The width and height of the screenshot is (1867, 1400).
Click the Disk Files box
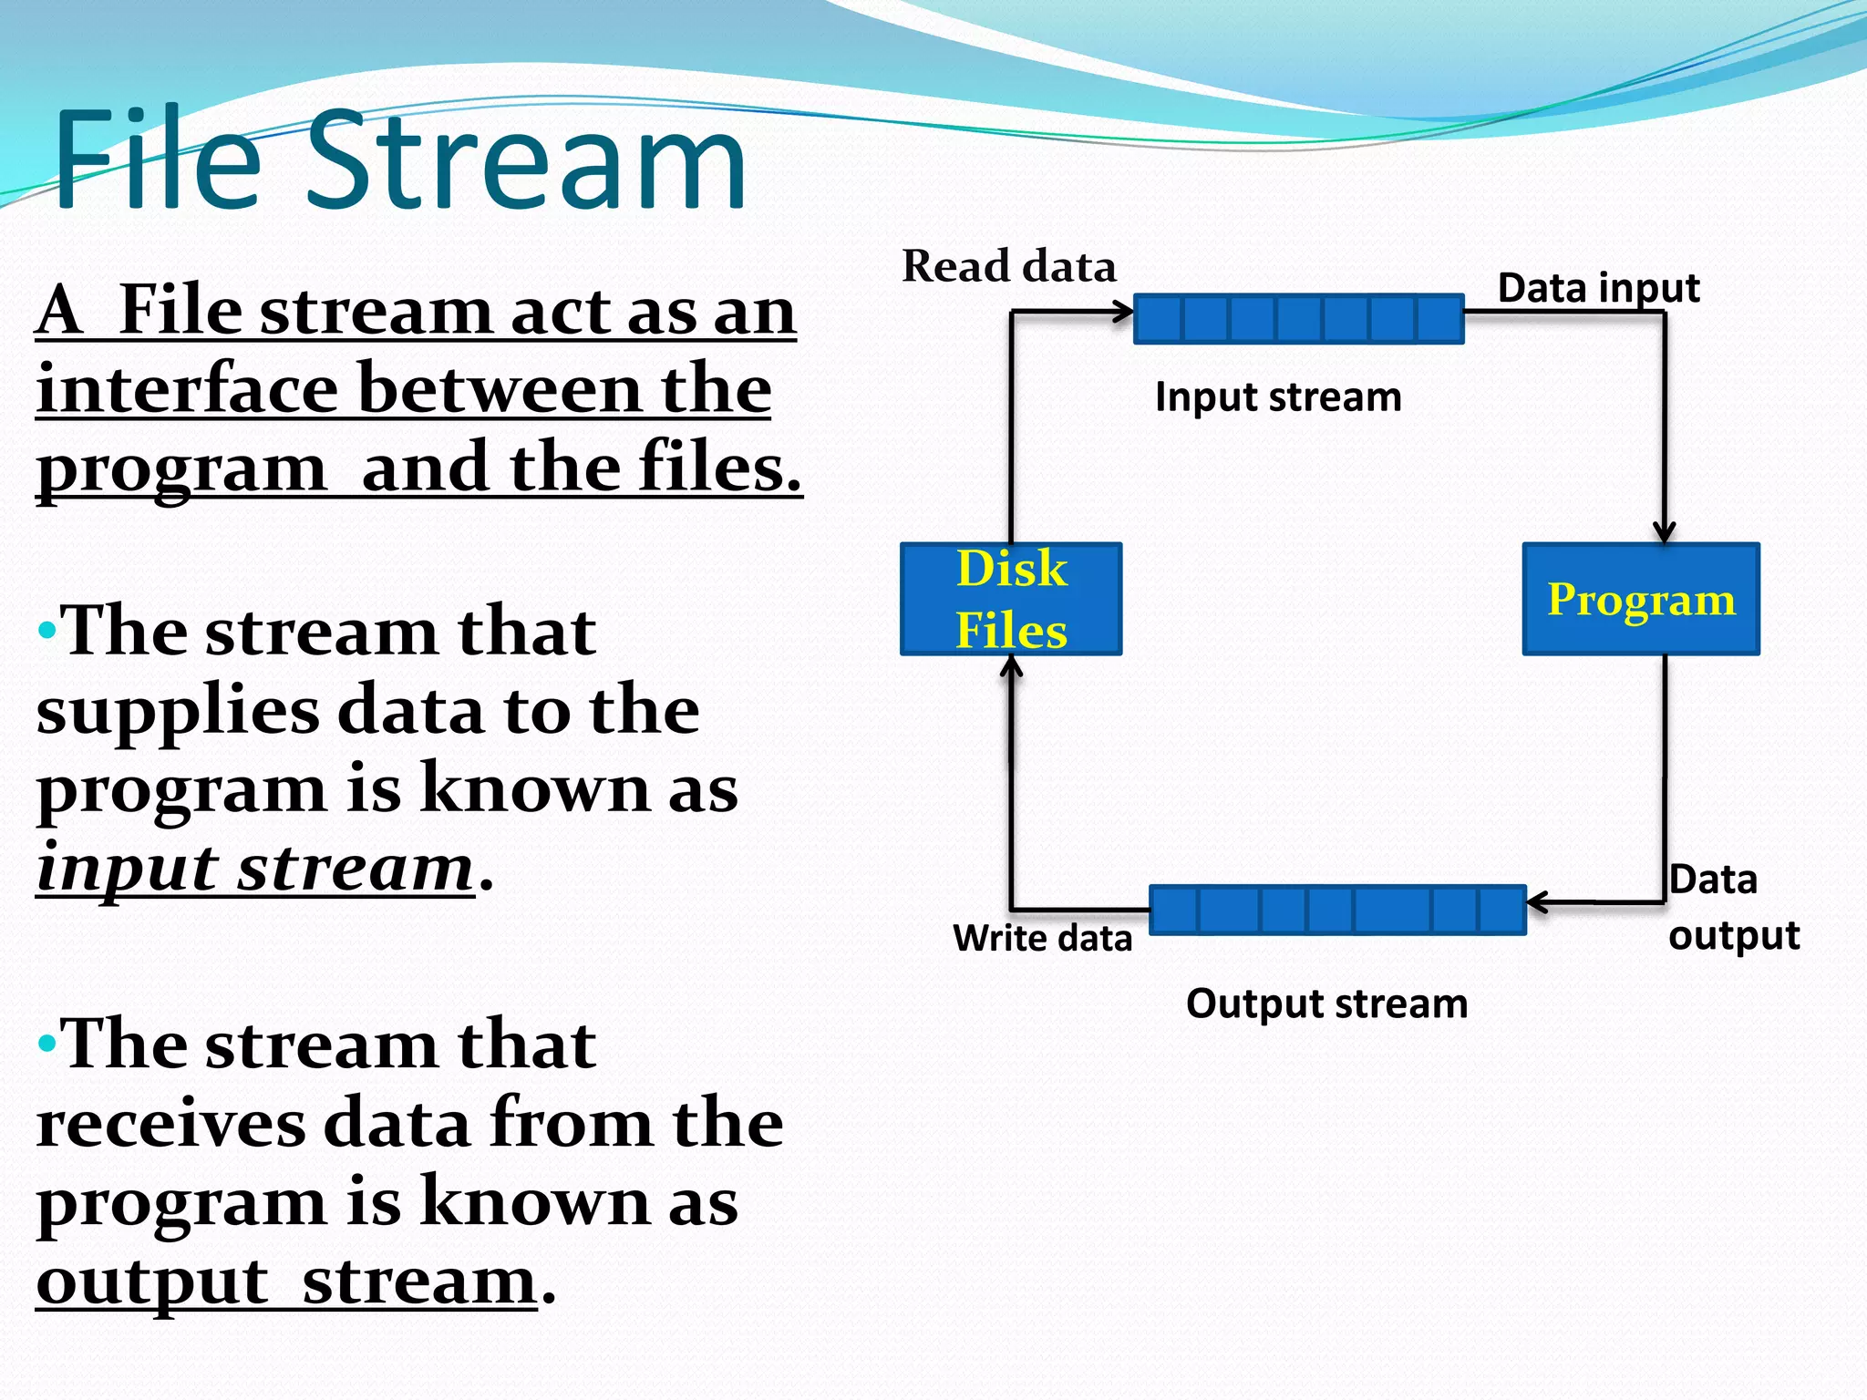tap(1011, 599)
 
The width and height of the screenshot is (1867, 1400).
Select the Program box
tap(1641, 599)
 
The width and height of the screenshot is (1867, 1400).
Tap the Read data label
tap(1008, 267)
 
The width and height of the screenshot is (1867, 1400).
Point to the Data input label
tap(1598, 288)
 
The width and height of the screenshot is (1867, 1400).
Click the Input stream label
tap(1278, 397)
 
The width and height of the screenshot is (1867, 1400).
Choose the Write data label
tap(1042, 938)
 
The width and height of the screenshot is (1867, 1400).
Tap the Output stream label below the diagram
tap(1326, 1004)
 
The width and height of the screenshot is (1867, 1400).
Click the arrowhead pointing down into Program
tap(1665, 532)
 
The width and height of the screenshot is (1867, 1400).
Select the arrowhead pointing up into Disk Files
tap(1011, 667)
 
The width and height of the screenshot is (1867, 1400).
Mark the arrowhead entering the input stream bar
tap(1124, 313)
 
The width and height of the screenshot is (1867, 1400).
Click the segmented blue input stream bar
tap(1298, 319)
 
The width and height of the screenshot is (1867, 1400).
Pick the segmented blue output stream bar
tap(1337, 910)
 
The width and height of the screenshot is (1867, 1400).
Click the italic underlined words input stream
tap(255, 868)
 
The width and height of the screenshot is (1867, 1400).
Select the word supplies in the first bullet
tap(178, 711)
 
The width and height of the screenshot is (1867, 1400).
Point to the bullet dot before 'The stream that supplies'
tap(46, 630)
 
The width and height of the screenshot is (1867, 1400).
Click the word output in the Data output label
tap(1733, 936)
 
